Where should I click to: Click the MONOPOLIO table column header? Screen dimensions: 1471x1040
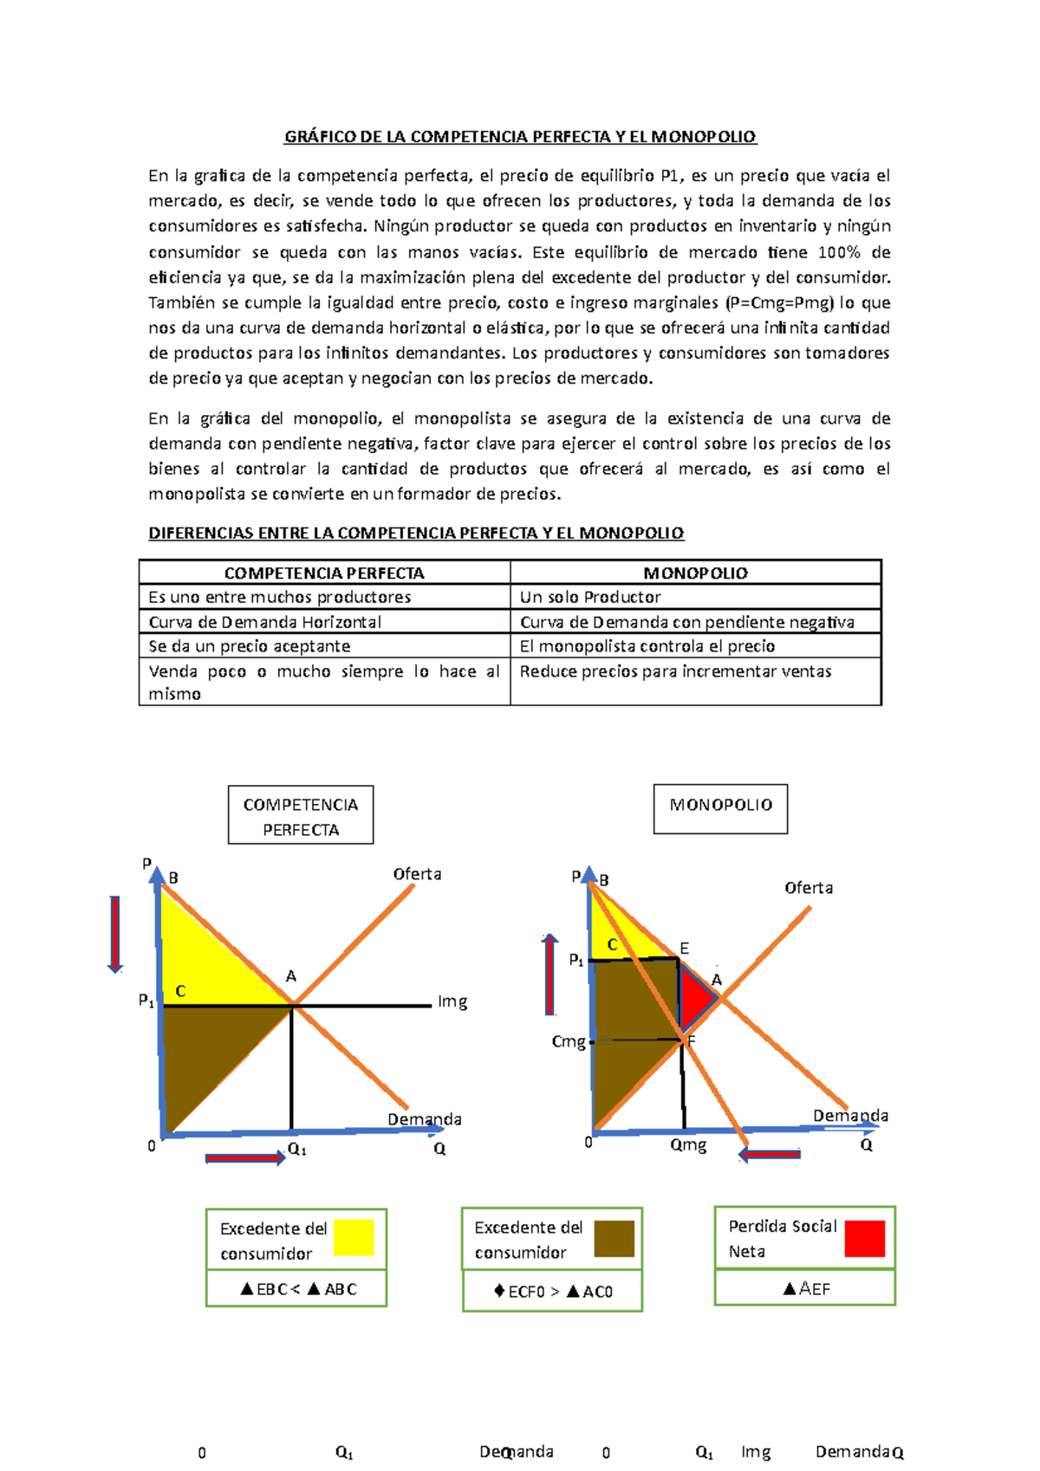tap(695, 573)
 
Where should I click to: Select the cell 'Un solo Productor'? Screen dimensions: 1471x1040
tap(590, 597)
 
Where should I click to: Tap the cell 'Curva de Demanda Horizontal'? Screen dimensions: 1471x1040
tap(264, 622)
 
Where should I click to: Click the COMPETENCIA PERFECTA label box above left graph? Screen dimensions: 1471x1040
tap(301, 815)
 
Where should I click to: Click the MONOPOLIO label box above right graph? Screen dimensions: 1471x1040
tap(720, 808)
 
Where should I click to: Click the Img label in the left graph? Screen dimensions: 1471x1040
tap(452, 1001)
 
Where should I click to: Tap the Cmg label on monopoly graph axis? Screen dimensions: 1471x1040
tap(569, 1041)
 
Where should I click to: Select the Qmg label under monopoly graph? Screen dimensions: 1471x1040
tap(688, 1145)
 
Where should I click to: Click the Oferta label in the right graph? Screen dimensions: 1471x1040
tap(808, 888)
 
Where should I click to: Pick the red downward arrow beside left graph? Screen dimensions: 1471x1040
tap(114, 934)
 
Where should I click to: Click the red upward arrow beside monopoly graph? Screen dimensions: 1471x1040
tap(549, 975)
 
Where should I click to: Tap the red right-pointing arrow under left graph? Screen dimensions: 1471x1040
tap(245, 1158)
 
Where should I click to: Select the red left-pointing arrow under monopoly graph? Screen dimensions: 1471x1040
tap(770, 1154)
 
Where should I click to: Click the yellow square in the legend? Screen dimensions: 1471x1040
tap(354, 1238)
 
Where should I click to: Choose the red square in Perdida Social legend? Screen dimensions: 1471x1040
tap(864, 1239)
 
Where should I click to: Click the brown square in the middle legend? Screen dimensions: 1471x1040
tap(614, 1239)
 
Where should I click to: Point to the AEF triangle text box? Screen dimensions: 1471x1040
tap(805, 1289)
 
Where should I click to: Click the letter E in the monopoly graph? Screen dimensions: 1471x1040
tap(684, 949)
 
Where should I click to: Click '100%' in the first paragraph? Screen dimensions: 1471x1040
tap(839, 252)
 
